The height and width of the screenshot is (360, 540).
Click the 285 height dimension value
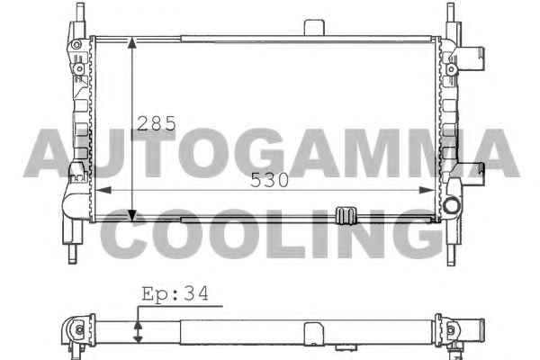[x=157, y=123]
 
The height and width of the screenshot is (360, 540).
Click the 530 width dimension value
[x=269, y=180]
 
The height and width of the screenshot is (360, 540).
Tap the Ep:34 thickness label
[x=175, y=294]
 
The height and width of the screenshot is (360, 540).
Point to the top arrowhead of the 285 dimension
[x=132, y=42]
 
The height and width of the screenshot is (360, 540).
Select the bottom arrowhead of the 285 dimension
[x=132, y=215]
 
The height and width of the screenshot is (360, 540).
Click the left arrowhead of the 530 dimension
[x=103, y=190]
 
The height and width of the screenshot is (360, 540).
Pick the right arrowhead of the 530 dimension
[x=427, y=190]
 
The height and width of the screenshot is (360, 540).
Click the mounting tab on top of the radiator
[x=314, y=28]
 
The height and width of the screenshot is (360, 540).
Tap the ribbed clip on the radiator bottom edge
[x=346, y=216]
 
